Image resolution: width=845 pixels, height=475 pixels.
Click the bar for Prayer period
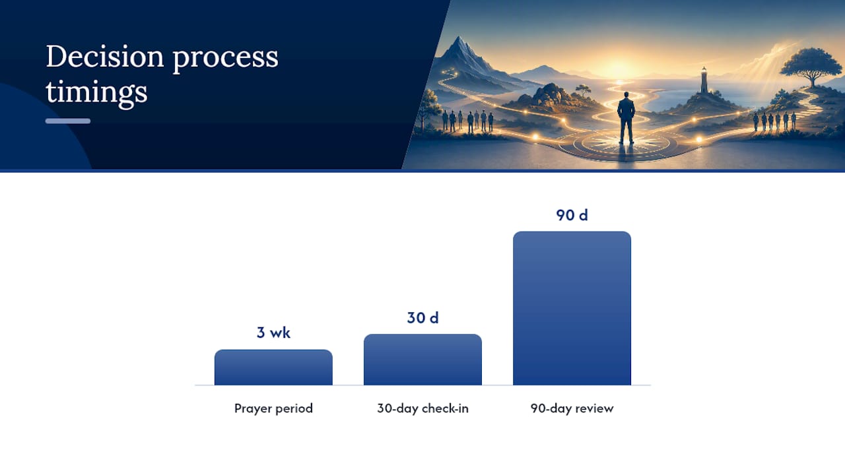273,367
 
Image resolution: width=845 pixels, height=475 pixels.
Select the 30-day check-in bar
422,360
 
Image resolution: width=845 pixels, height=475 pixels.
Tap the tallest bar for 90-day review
572,308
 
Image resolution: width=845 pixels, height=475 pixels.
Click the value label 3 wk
273,332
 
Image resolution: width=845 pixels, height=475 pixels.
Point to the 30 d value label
422,318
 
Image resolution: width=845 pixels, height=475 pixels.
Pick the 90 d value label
572,215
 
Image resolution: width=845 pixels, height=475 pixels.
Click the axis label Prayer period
273,408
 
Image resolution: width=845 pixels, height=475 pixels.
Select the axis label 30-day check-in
422,408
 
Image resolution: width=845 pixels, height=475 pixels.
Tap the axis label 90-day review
572,408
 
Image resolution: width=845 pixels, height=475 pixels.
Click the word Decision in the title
105,57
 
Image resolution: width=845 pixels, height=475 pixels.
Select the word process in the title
226,59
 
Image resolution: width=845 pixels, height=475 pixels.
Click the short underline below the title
68,121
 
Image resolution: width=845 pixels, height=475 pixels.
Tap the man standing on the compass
626,117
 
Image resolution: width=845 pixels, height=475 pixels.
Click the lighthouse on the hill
704,80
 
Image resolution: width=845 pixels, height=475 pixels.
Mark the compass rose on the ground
625,145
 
